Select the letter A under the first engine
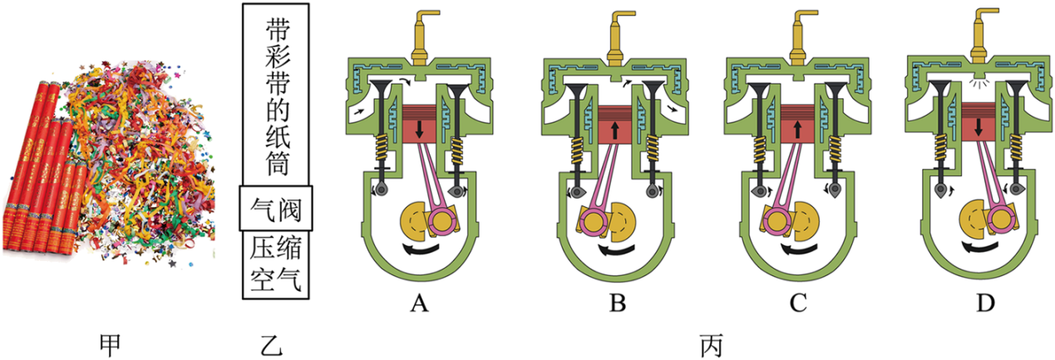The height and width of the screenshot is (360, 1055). pos(418,304)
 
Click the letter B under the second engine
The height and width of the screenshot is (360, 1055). pos(617,304)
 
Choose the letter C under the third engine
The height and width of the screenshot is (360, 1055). pos(798,304)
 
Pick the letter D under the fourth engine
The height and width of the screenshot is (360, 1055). pos(985,304)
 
